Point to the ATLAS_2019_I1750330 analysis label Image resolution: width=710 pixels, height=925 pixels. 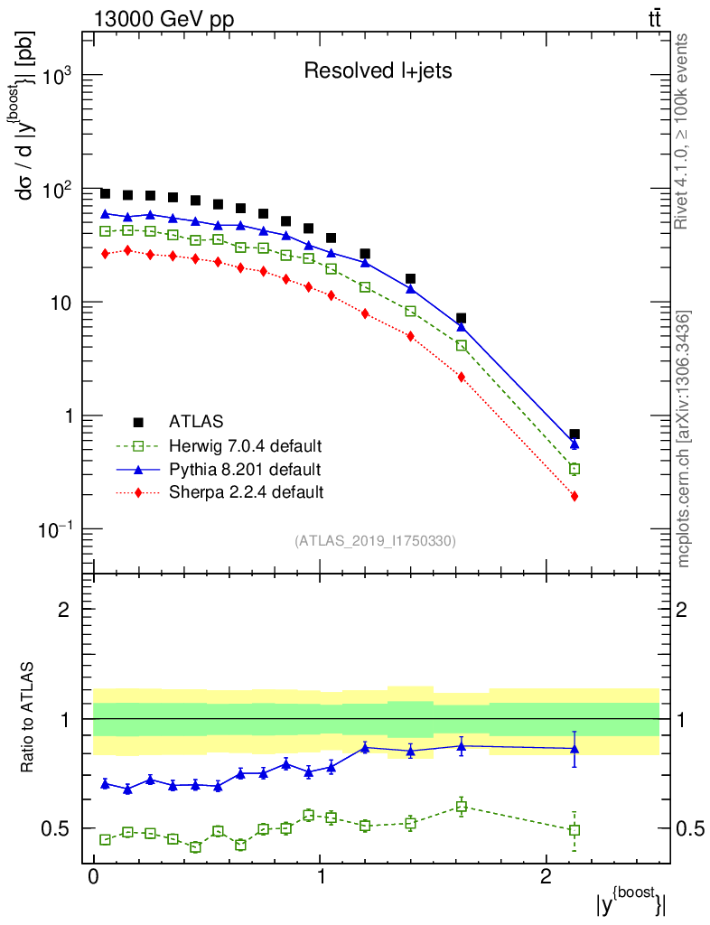pos(375,541)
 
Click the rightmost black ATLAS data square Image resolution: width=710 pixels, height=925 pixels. pos(575,434)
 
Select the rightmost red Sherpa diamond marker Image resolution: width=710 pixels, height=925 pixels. pos(575,496)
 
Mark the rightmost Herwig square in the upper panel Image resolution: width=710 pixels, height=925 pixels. pos(575,469)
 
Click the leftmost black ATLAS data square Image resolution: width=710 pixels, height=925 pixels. pos(105,194)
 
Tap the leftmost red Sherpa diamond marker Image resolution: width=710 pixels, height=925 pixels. pos(105,254)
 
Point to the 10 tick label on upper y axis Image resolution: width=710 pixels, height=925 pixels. pos(60,303)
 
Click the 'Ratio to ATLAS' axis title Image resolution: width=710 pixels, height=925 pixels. pos(28,718)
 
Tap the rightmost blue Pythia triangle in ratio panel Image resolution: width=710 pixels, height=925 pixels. pos(575,748)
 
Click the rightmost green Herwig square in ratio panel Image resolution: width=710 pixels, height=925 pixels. pos(575,830)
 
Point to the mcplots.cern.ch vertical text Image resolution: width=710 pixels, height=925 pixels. pos(685,440)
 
